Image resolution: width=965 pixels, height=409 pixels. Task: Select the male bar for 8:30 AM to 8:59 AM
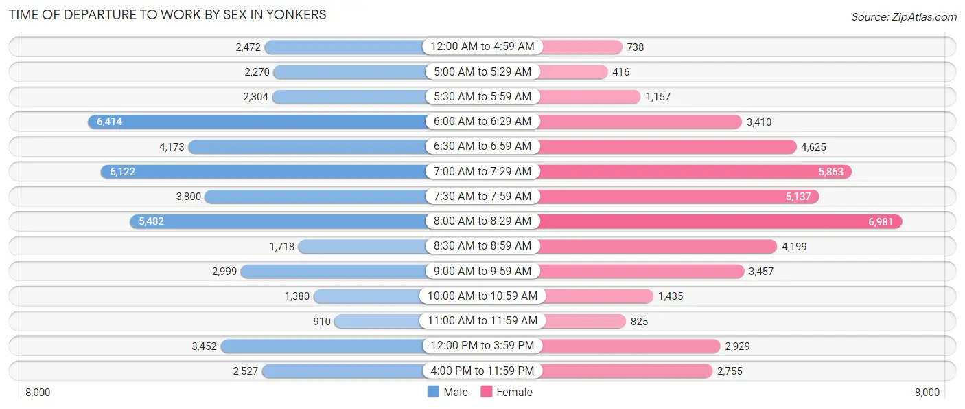[362, 246]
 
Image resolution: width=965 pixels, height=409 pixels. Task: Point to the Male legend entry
[447, 392]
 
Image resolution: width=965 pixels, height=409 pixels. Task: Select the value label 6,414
[109, 122]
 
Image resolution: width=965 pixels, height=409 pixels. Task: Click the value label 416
[621, 72]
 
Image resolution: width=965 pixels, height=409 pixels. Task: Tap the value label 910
[322, 321]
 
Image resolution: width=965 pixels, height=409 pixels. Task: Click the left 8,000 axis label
[38, 393]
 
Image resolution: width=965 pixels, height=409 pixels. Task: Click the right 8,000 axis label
[927, 393]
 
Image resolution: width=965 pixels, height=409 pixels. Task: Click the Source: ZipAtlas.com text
[903, 16]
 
